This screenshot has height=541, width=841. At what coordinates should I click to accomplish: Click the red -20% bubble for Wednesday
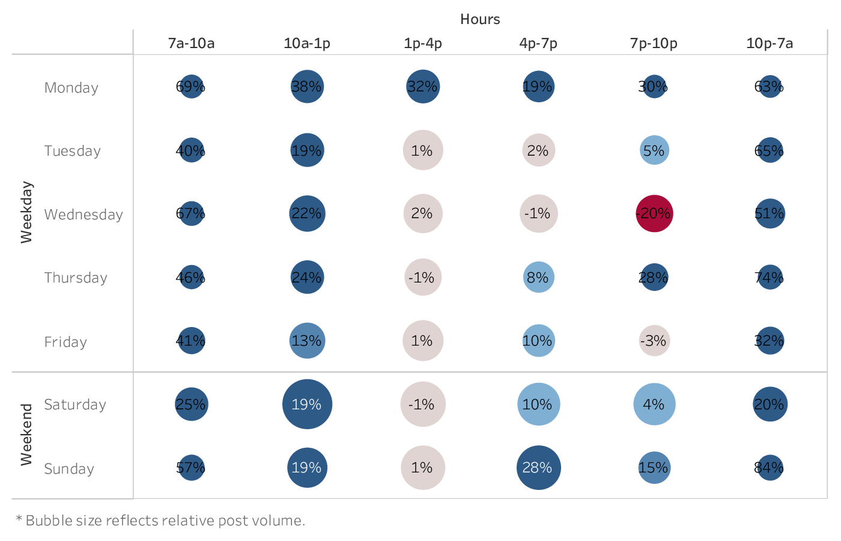tap(654, 213)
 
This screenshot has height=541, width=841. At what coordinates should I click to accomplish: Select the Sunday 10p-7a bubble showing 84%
tap(770, 468)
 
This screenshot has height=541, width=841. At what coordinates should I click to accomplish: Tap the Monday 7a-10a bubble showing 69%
tap(191, 87)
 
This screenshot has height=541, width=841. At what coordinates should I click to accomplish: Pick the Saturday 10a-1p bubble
tap(307, 405)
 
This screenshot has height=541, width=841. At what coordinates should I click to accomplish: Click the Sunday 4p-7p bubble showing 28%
tap(538, 468)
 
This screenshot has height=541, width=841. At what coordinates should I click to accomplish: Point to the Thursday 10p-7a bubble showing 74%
tap(770, 277)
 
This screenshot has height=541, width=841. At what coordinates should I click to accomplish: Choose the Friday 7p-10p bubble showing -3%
tap(654, 341)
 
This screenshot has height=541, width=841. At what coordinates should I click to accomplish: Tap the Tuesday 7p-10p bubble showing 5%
tap(654, 150)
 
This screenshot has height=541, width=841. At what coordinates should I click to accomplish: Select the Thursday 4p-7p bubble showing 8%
tap(538, 277)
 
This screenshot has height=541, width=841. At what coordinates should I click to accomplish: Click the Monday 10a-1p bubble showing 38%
tap(307, 87)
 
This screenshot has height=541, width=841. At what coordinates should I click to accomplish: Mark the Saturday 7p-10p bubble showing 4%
tap(654, 405)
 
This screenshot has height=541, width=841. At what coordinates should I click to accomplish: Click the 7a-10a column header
tap(191, 43)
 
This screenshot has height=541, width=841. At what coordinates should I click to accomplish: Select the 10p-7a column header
tap(770, 43)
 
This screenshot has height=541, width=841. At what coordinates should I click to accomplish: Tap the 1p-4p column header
tap(423, 43)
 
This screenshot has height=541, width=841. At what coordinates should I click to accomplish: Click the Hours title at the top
tap(480, 19)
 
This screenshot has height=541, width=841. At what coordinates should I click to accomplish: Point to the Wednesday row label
tap(83, 215)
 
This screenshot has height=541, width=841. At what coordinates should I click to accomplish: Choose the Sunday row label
tap(69, 469)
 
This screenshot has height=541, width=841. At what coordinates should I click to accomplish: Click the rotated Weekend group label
tap(26, 435)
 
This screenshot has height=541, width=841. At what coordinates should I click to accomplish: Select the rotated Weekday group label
tap(26, 212)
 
